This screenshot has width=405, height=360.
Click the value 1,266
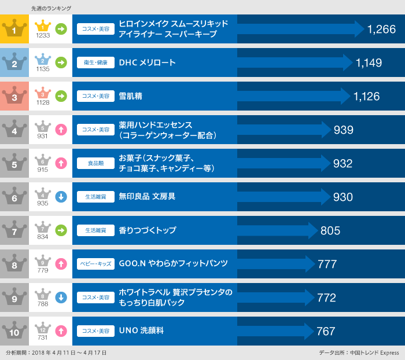pos(381,29)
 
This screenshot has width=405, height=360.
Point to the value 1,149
pos(369,63)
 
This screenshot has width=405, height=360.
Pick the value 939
pos(344,130)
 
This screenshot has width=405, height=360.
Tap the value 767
pos(326,331)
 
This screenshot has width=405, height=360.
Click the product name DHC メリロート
pos(147,63)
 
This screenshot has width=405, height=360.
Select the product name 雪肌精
pos(130,96)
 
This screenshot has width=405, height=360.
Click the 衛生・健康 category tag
pos(95,63)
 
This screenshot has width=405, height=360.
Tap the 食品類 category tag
pos(95,163)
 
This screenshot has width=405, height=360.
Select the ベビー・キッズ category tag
pos(95,264)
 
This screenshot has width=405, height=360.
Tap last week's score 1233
pos(43,35)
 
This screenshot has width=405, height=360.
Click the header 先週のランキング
pos(51,8)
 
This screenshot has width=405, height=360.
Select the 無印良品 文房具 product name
pos(147,197)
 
